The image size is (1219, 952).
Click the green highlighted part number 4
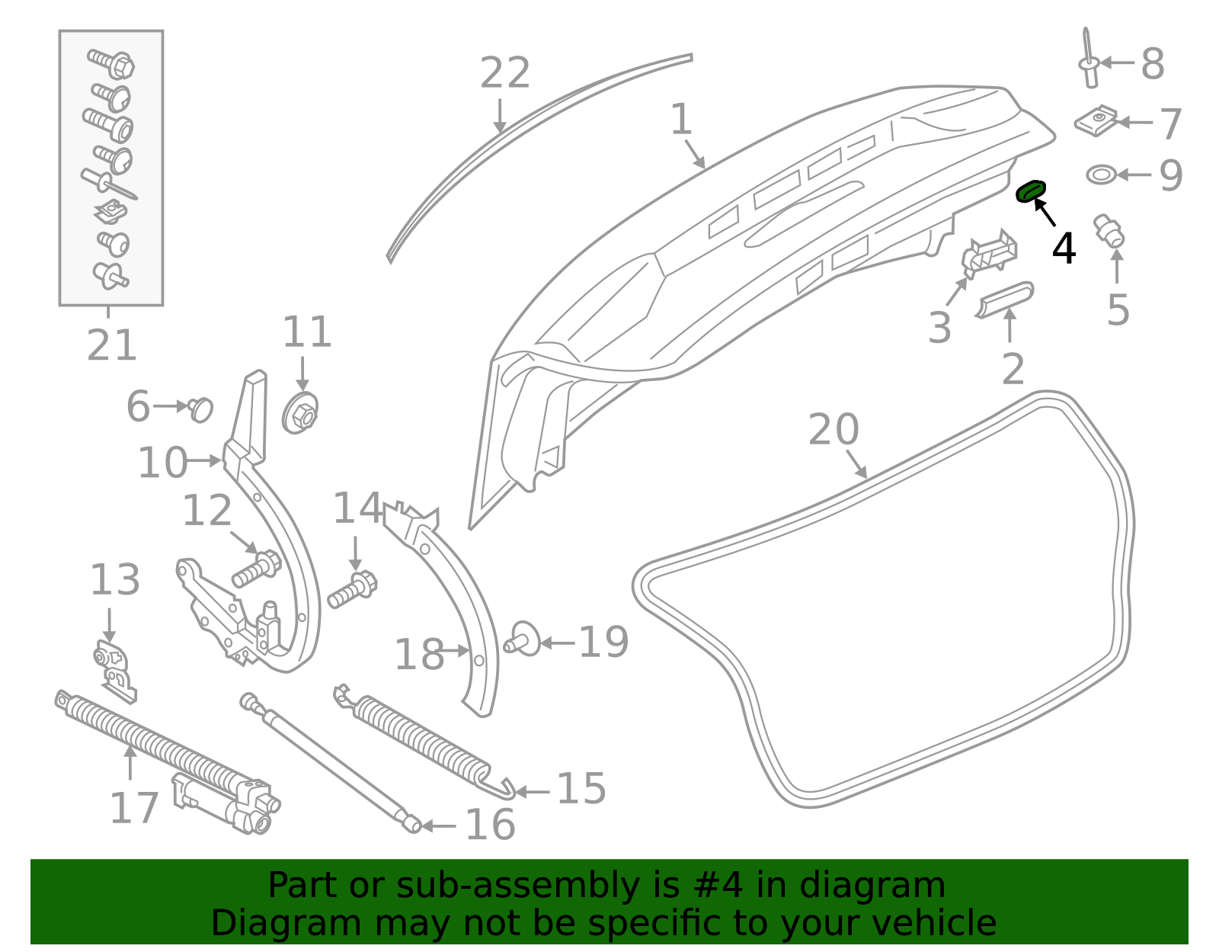1031,191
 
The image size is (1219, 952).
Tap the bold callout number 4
1064,248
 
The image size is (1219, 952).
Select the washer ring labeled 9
1100,175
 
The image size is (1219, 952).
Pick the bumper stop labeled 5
1109,231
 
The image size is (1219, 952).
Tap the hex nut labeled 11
301,414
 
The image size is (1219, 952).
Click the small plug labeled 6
201,409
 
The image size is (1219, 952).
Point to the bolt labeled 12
256,569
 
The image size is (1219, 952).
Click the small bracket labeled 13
114,671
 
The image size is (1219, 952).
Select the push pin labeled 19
523,639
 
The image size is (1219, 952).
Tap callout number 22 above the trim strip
504,74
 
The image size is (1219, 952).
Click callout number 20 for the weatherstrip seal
833,430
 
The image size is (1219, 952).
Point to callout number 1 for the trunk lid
681,120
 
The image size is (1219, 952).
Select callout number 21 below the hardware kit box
111,345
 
